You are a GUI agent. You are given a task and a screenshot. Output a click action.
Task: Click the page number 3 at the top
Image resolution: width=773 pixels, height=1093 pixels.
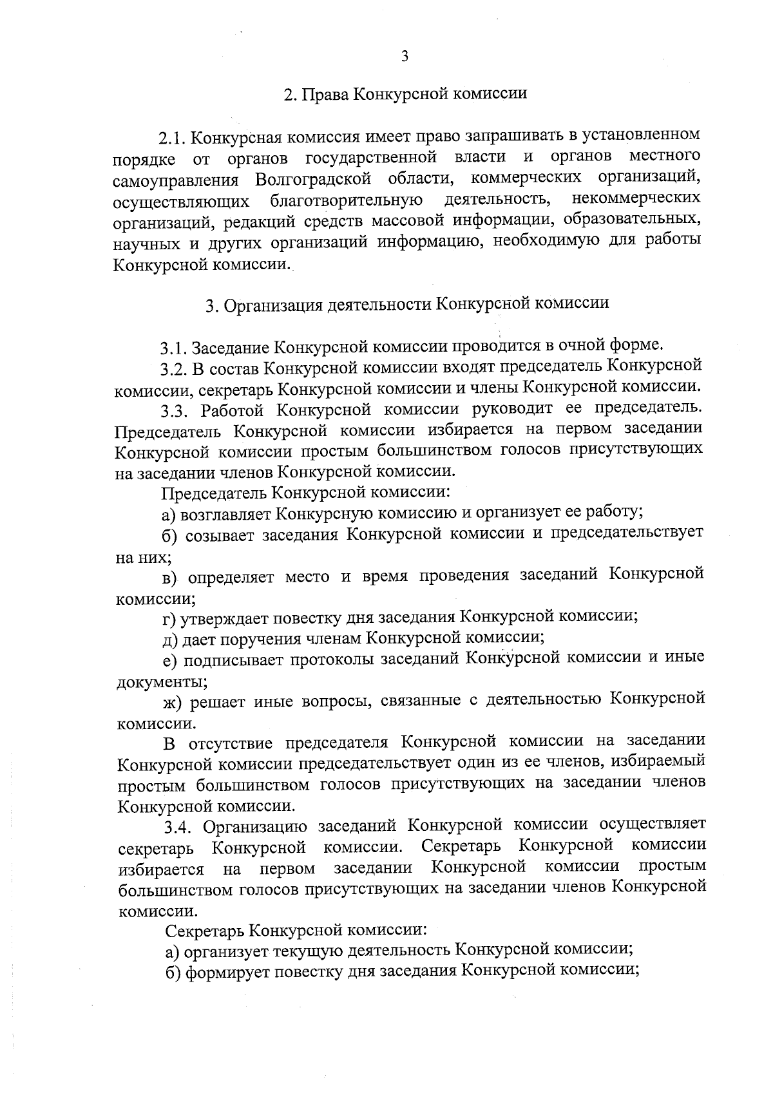(405, 57)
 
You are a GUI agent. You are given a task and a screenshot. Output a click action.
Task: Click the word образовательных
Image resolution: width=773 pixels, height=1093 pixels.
(631, 220)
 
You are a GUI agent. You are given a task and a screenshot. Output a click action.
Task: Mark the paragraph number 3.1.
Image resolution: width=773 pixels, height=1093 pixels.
(174, 348)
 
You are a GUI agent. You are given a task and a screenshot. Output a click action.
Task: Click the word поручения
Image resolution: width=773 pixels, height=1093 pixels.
(265, 639)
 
